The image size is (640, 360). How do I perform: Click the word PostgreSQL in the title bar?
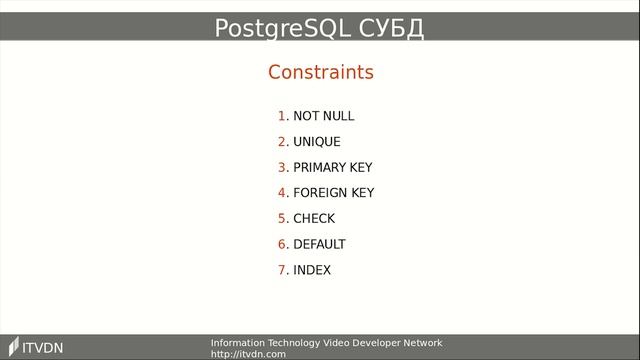click(x=277, y=28)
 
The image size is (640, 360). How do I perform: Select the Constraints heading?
click(x=320, y=73)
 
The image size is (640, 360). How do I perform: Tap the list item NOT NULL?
click(x=323, y=116)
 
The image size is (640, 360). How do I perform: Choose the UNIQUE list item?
click(x=316, y=142)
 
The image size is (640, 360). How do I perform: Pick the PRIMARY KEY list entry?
click(x=332, y=167)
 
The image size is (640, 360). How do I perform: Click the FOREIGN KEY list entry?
click(x=333, y=193)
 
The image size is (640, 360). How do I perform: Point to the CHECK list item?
click(x=314, y=219)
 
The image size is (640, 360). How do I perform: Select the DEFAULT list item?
click(x=319, y=244)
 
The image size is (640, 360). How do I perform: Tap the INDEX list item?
click(x=311, y=270)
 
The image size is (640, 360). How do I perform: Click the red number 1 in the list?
click(x=282, y=116)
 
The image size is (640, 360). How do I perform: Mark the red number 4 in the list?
click(x=282, y=193)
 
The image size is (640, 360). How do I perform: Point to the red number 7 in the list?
click(x=282, y=270)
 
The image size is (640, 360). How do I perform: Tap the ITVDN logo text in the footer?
click(x=43, y=348)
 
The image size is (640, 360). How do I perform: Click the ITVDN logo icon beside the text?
click(x=13, y=347)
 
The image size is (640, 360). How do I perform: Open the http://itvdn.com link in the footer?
click(x=248, y=354)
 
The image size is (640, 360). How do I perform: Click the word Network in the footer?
click(x=416, y=343)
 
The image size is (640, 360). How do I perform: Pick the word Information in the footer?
click(x=239, y=343)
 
